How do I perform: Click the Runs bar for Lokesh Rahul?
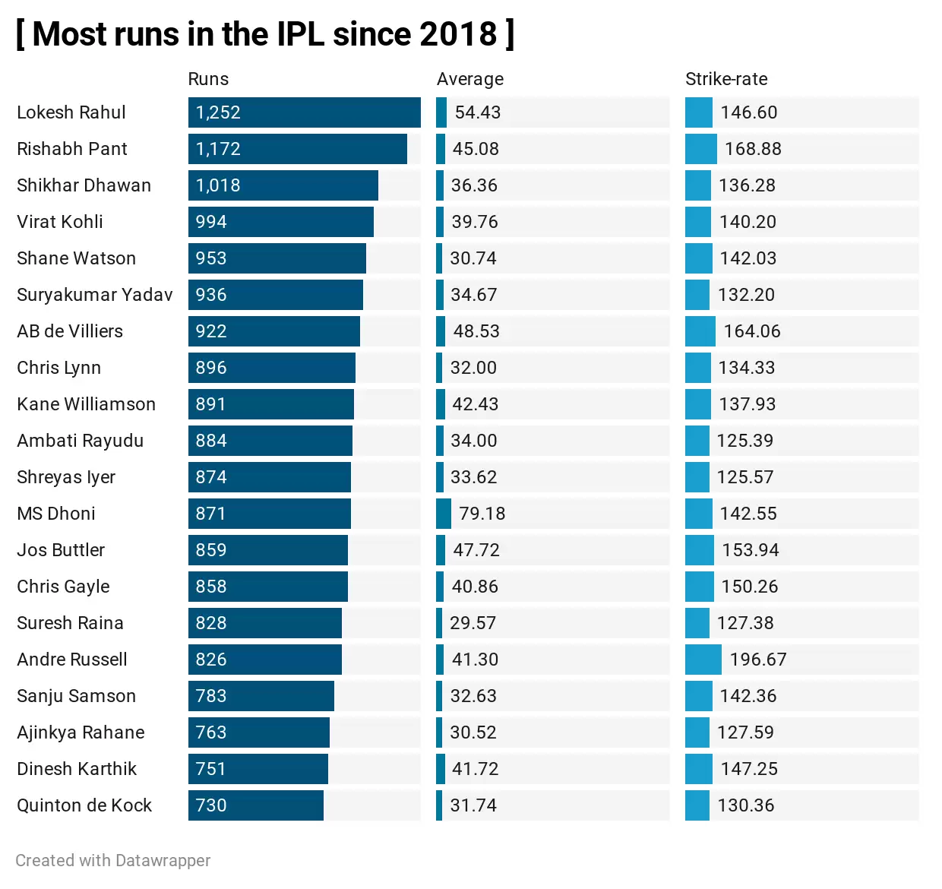coord(304,112)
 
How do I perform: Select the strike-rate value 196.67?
coord(757,660)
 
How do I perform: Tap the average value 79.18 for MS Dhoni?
coord(482,514)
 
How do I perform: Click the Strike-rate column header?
coord(725,79)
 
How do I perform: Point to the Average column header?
coord(469,79)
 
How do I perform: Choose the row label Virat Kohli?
coord(60,222)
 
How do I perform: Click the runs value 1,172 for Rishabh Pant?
coord(218,149)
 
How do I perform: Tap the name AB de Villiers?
coord(70,331)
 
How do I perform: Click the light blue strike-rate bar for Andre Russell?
coord(703,660)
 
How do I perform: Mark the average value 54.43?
coord(477,112)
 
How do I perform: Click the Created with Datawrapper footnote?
coord(113,860)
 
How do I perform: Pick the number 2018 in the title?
coord(457,34)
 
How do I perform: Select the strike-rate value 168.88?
coord(752,149)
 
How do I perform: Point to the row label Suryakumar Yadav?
coord(95,295)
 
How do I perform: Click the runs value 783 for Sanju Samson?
coord(210,696)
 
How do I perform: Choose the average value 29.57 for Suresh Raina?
coord(473,623)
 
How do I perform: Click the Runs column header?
coord(208,79)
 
